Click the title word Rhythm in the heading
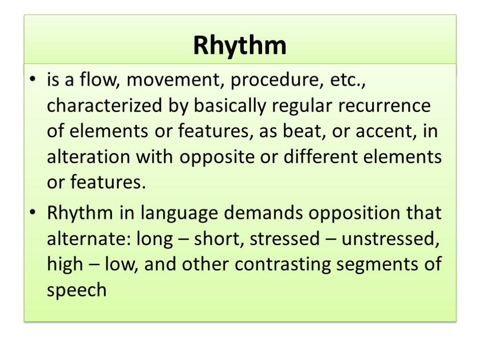(240, 46)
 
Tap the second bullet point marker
(32, 214)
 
